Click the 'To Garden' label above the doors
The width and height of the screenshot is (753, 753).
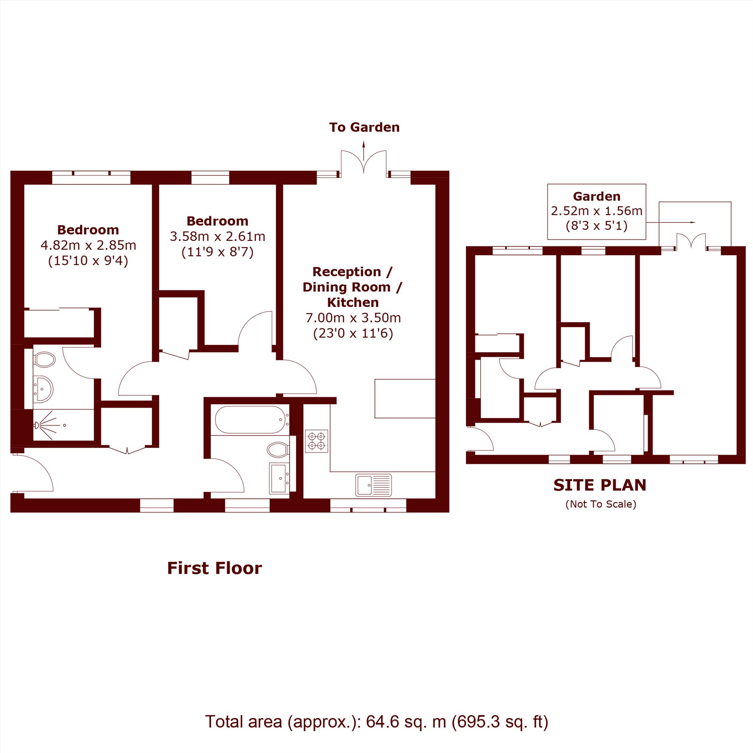(364, 128)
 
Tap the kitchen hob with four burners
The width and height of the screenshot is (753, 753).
(316, 441)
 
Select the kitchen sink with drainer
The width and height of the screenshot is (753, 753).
(373, 485)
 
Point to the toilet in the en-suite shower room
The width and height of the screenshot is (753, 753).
(44, 359)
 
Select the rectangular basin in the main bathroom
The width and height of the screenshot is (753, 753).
(279, 478)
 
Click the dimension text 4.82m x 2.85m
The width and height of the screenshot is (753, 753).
(88, 245)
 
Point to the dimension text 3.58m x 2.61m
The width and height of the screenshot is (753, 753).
(218, 236)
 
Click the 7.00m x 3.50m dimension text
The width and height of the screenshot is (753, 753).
(353, 318)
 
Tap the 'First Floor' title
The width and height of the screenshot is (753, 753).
(214, 568)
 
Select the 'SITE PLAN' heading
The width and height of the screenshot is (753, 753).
(600, 485)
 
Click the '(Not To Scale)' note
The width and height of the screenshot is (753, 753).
(601, 504)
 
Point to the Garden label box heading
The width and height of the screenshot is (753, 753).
(596, 196)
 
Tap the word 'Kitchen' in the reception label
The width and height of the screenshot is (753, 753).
(353, 302)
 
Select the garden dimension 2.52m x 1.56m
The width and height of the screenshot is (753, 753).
(596, 211)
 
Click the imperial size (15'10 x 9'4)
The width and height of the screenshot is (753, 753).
(88, 261)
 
